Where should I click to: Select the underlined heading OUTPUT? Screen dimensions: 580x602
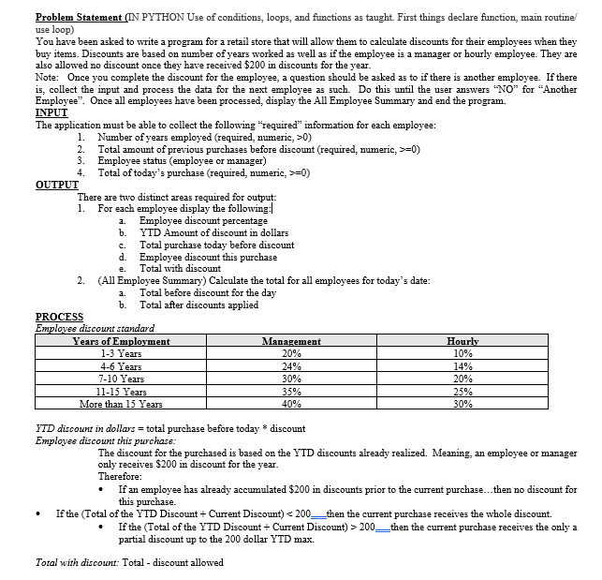click(x=56, y=185)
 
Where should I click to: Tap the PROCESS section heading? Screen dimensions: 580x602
click(x=59, y=317)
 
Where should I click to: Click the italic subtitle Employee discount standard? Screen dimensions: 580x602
click(x=88, y=328)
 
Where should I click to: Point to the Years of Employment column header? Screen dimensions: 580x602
click(x=121, y=342)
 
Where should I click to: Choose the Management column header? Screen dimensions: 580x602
click(x=294, y=342)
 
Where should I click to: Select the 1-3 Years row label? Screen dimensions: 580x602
click(x=121, y=354)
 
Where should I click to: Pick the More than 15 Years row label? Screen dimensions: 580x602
click(x=121, y=405)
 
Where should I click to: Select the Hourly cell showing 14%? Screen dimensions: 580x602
click(x=463, y=367)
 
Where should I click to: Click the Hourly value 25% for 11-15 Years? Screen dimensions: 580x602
click(x=463, y=393)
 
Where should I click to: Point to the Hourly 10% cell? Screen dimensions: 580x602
click(x=463, y=354)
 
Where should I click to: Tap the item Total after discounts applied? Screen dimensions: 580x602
click(x=198, y=305)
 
